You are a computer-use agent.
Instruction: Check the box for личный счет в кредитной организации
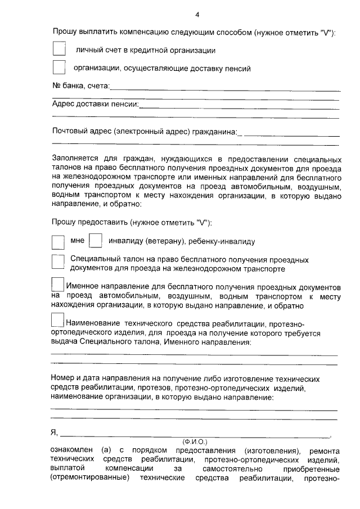tap(58, 49)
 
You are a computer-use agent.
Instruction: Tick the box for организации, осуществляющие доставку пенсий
tap(58, 67)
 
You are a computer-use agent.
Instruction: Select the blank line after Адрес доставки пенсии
tap(240, 105)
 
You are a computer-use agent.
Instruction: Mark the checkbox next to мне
tap(58, 242)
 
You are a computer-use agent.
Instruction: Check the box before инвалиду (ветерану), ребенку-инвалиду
tap(96, 241)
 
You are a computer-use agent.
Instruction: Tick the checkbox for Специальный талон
tap(58, 262)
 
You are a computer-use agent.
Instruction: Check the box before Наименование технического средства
tap(58, 320)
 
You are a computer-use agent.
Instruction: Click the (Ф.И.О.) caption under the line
tap(195, 442)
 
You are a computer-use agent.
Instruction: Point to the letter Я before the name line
tap(54, 433)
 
